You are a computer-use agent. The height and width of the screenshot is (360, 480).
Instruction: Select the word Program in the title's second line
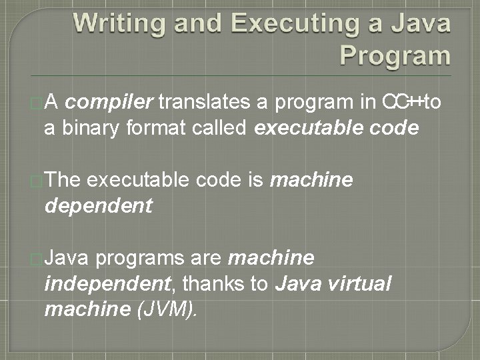[x=395, y=55]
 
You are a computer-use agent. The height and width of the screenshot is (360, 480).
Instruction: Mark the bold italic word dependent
[x=98, y=205]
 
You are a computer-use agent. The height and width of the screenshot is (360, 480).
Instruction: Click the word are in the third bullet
[x=207, y=257]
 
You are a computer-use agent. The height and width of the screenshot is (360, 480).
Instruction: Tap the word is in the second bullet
[x=254, y=179]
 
